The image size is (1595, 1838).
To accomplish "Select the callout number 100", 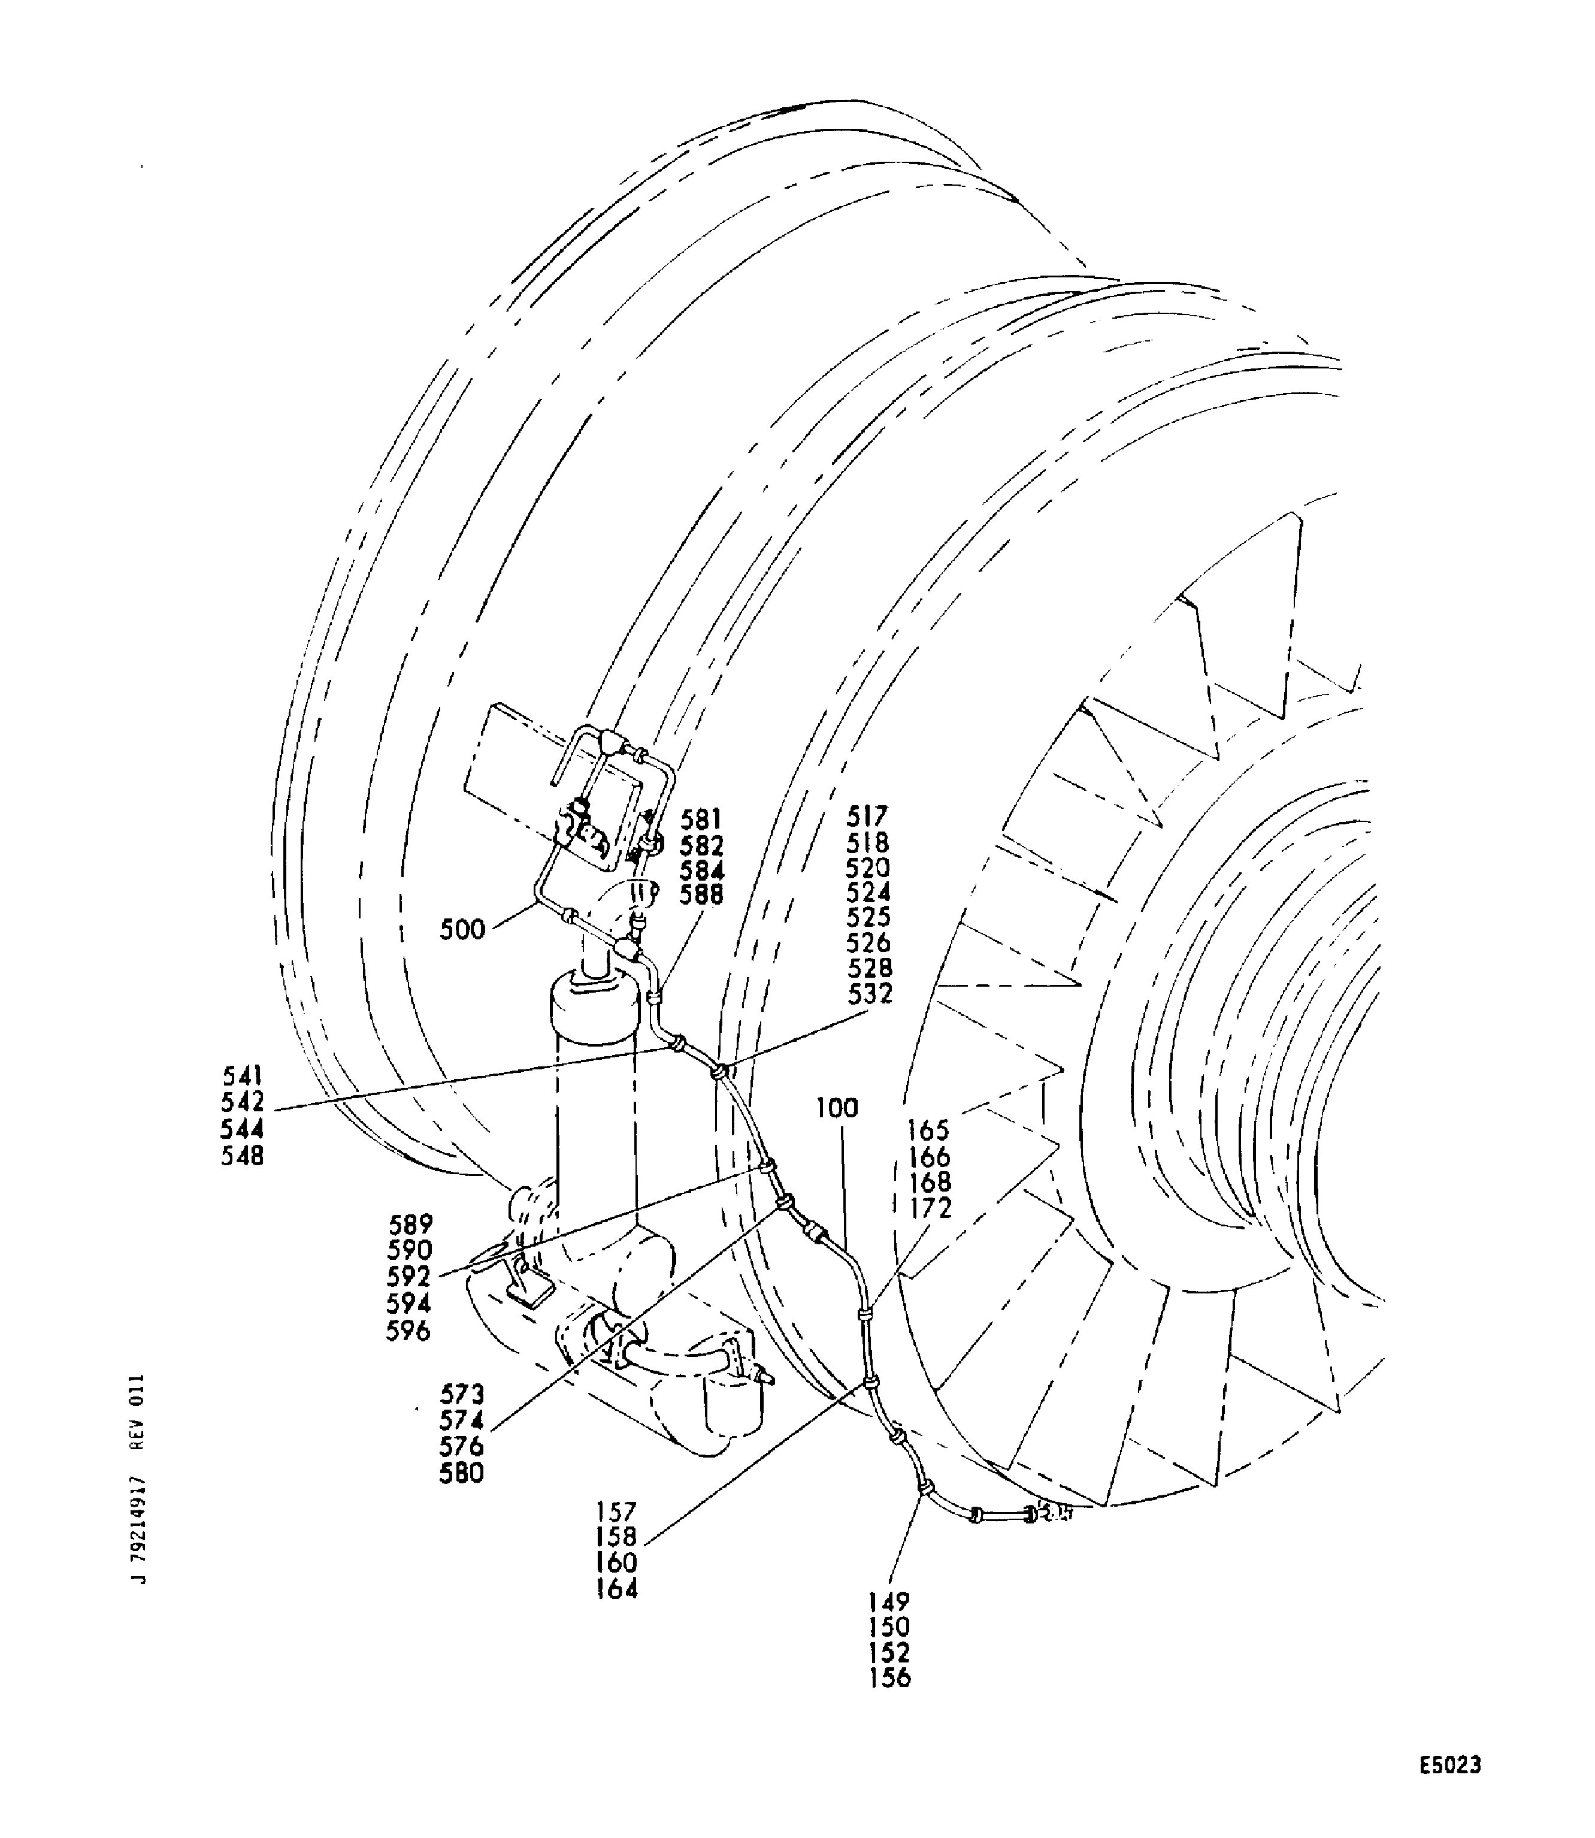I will (x=837, y=1108).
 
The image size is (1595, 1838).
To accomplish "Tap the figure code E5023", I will (x=1450, y=1765).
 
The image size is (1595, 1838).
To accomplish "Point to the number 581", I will (x=701, y=819).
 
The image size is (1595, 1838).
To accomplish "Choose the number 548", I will (x=243, y=1156).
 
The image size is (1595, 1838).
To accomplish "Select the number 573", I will (x=462, y=1394).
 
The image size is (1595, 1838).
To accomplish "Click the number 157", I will (x=617, y=1511).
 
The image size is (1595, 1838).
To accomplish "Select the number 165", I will (x=929, y=1130).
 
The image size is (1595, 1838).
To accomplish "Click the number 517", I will (x=868, y=816).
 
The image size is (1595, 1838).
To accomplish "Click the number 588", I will (x=701, y=896).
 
